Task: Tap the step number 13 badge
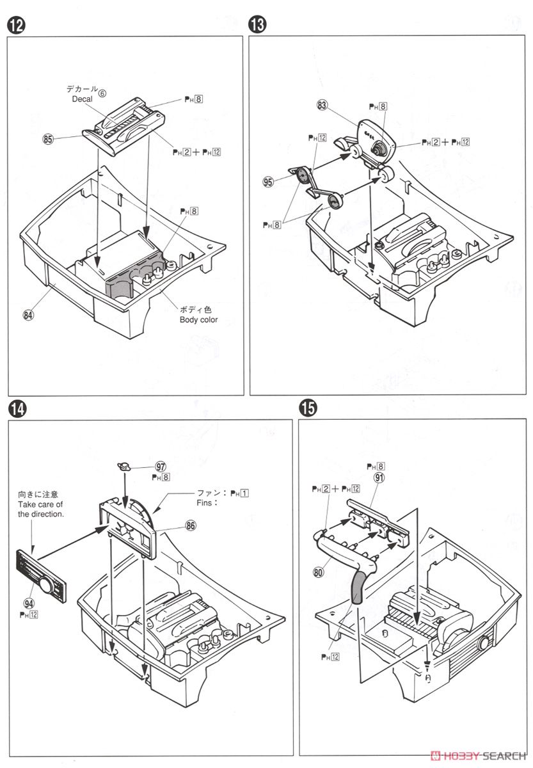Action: [x=257, y=26]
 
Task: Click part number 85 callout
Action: [x=48, y=138]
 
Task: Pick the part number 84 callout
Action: [x=29, y=314]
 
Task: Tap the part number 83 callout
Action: [x=322, y=105]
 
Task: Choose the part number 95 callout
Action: [x=268, y=182]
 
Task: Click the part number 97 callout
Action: [x=161, y=467]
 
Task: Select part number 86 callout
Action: [x=190, y=525]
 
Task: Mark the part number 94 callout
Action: [x=28, y=602]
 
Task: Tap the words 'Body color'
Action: [x=198, y=319]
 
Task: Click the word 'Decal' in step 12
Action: [x=82, y=99]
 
